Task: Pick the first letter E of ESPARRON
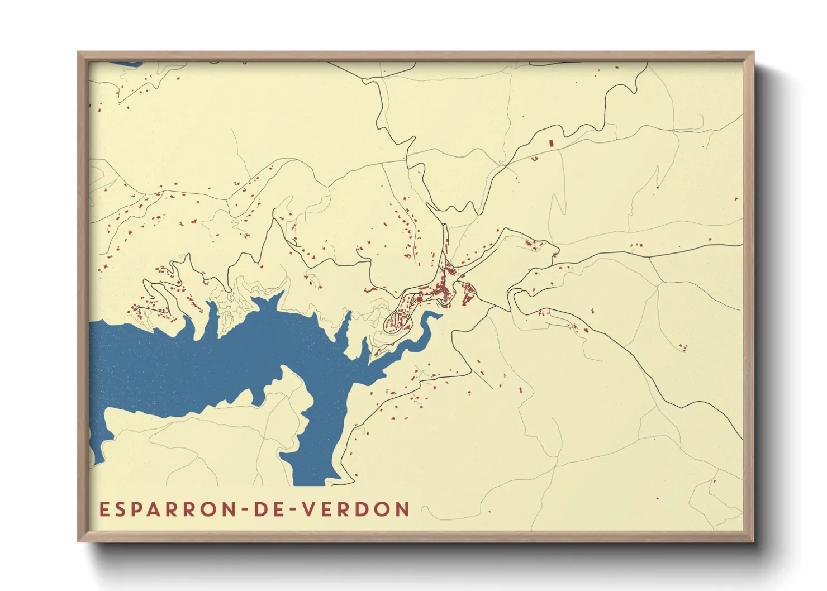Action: [x=103, y=509]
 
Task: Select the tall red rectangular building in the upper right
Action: [x=550, y=143]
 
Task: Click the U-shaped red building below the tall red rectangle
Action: [x=534, y=159]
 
